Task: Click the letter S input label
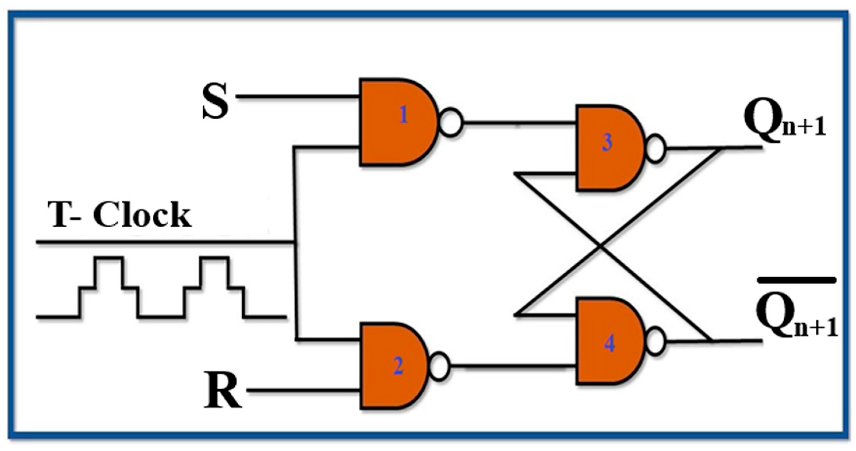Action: (215, 101)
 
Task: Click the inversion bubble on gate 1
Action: (451, 122)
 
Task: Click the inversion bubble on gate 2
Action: (439, 366)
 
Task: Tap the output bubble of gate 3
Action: (655, 148)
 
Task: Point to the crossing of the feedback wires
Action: (601, 246)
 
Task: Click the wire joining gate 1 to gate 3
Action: (518, 123)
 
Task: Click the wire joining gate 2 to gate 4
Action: (512, 366)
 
